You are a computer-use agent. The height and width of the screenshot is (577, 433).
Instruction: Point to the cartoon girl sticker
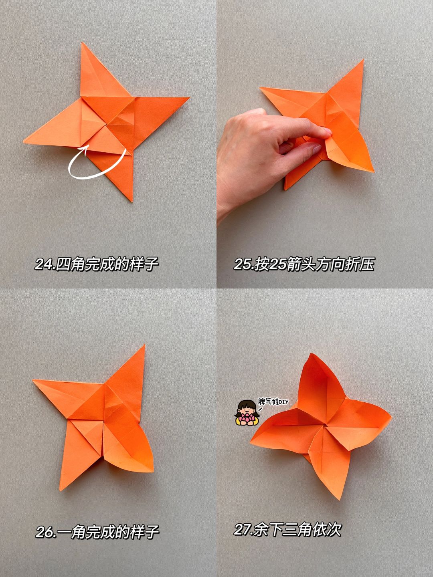pos(247,417)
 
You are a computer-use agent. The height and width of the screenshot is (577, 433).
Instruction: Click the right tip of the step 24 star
pos(189,98)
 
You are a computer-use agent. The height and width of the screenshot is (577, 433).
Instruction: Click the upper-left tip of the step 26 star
pos(33,380)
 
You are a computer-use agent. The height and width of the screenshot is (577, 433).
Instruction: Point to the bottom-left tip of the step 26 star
pos(60,490)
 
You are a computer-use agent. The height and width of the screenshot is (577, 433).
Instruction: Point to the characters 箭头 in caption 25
pos(300,264)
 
